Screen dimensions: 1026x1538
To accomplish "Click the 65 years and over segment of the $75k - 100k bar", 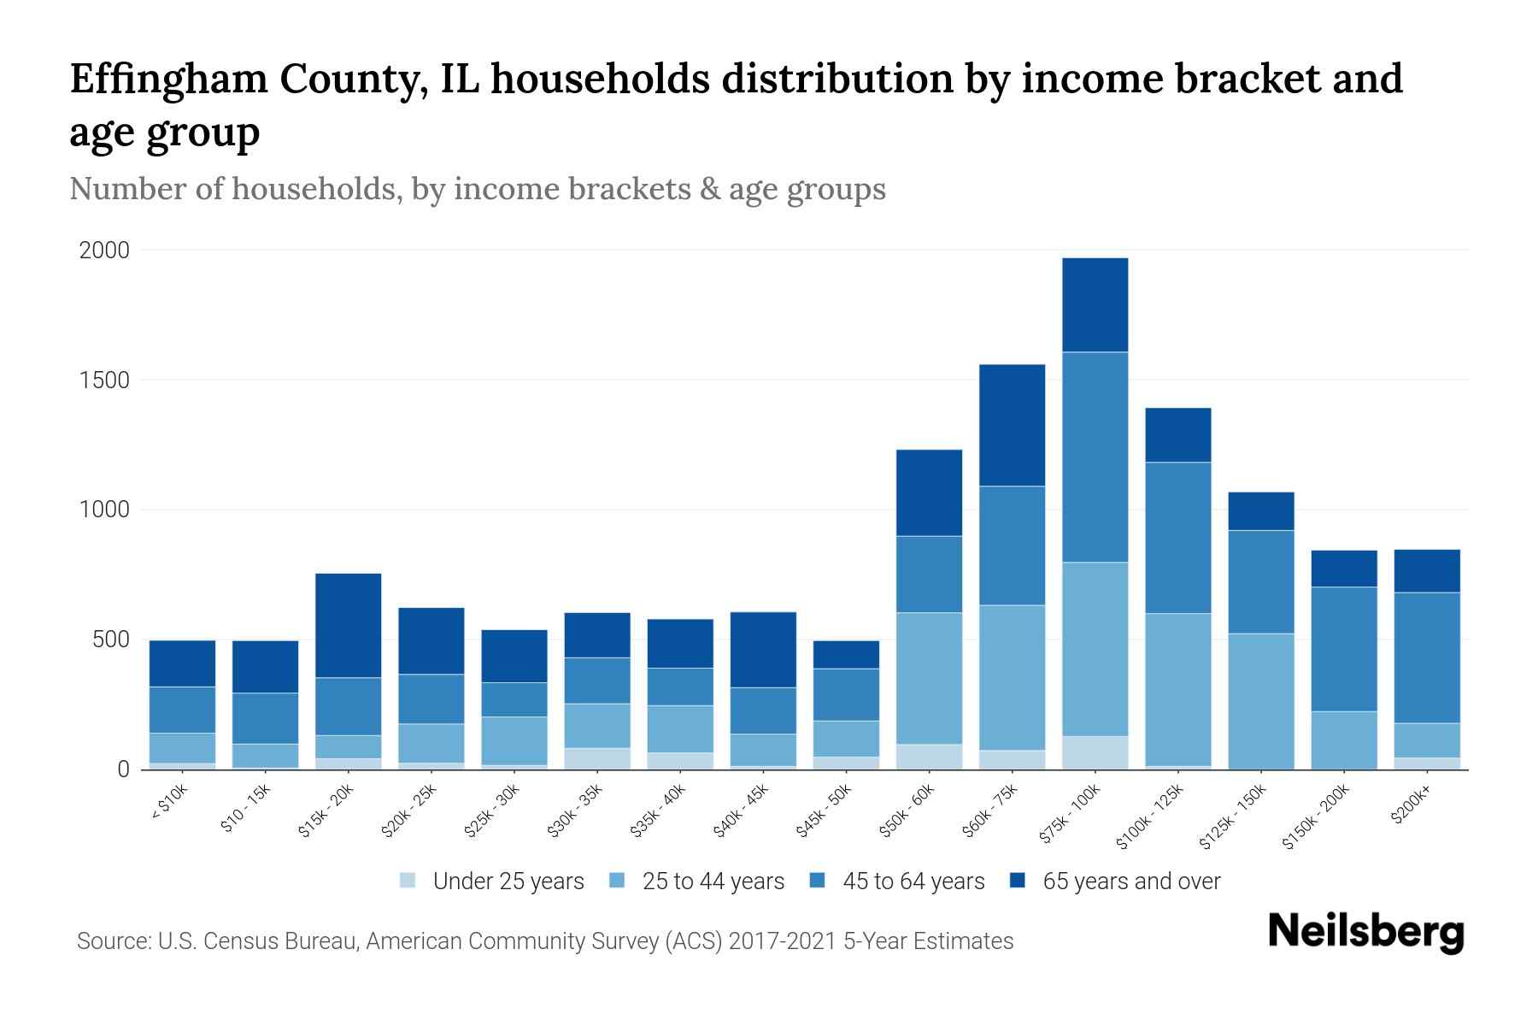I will [1095, 305].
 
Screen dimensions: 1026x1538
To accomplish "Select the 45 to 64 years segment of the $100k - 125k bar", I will [1178, 538].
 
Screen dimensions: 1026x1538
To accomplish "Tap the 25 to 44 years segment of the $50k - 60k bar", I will [929, 678].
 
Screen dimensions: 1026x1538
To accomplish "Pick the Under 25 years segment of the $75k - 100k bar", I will [1095, 752].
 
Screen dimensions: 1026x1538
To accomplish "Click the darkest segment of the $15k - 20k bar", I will [349, 625].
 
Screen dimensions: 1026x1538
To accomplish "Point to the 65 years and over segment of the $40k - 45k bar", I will [763, 650].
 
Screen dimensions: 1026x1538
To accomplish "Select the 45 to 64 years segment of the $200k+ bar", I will [1427, 657].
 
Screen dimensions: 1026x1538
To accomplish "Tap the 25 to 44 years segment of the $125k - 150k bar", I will [1261, 701].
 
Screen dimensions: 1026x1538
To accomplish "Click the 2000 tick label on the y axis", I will [104, 251].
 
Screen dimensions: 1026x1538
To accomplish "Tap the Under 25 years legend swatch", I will [408, 881].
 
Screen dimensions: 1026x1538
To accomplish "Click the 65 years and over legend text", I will [1131, 882].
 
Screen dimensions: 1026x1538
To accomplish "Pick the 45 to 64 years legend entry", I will [897, 882].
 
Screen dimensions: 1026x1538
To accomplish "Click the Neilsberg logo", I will [1365, 931].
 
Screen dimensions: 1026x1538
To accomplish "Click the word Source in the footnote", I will [111, 941].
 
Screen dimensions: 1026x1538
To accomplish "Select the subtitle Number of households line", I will [477, 189].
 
